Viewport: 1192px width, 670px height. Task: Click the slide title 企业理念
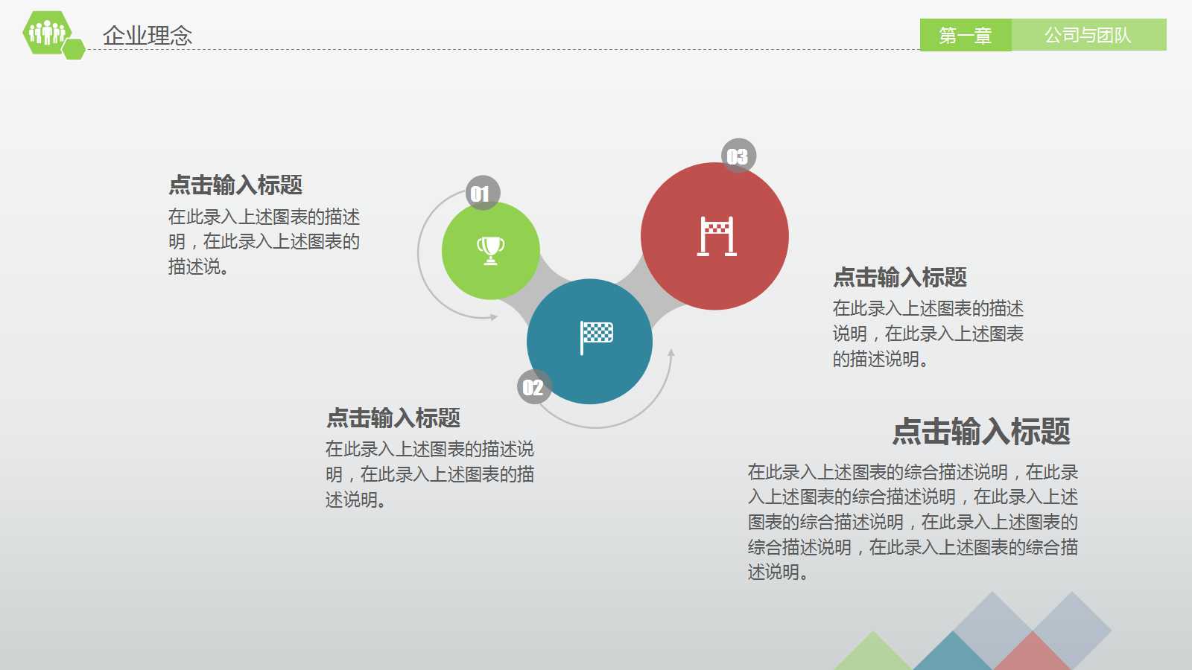(148, 35)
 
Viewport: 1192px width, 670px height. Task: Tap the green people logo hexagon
(46, 32)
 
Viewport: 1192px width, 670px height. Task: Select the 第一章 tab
(965, 35)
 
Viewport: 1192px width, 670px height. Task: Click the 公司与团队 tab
(1088, 35)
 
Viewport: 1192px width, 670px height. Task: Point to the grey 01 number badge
(482, 194)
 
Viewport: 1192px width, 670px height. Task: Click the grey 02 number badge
(533, 387)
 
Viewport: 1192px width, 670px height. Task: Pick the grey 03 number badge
(738, 156)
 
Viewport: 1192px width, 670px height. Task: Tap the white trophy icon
(490, 250)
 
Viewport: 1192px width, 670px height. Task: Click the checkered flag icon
(596, 336)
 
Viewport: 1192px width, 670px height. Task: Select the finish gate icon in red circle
(716, 236)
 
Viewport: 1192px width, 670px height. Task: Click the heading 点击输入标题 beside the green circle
(235, 185)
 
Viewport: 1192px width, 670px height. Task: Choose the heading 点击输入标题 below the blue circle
(393, 418)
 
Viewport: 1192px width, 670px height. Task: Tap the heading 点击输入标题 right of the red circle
(900, 277)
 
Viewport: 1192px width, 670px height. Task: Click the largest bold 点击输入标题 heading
(981, 431)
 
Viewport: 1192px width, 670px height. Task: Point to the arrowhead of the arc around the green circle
(494, 317)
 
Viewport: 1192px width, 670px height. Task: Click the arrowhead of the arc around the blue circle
(671, 353)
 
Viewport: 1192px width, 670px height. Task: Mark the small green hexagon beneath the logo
(73, 49)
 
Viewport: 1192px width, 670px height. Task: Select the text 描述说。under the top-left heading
(198, 267)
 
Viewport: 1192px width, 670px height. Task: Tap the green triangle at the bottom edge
(872, 654)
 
